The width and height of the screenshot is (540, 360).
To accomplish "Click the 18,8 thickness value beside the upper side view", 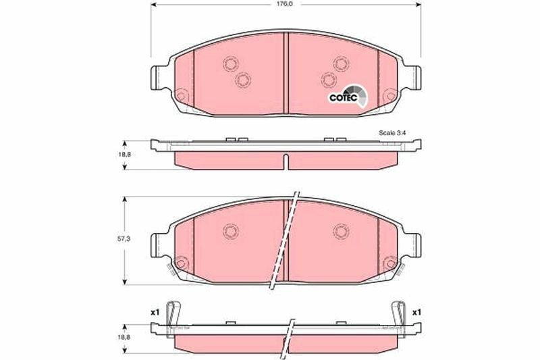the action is [125, 155].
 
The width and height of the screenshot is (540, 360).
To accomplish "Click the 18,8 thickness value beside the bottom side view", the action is [125, 338].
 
